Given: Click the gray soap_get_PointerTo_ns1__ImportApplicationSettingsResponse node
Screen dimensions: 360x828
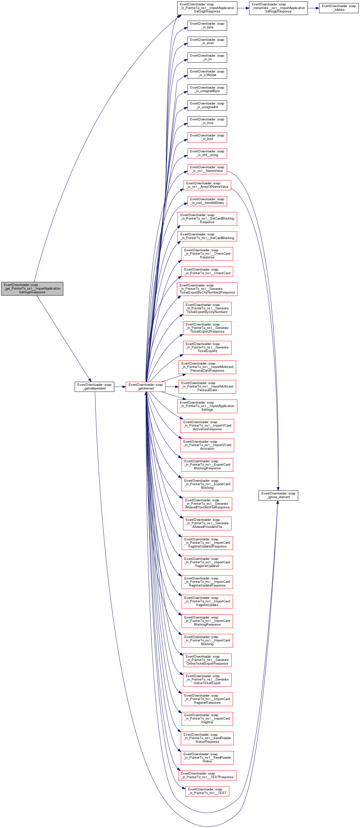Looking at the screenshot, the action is pos(32,288).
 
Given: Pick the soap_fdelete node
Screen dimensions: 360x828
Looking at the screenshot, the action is pos(339,8).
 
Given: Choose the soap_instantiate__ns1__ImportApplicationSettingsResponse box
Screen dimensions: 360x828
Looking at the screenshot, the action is pos(278,8).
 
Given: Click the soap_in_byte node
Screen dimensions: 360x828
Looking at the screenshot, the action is pos(207,25).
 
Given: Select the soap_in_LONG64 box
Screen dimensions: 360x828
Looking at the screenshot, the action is pos(207,73).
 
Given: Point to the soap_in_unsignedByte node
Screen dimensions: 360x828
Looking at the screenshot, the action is pos(207,89).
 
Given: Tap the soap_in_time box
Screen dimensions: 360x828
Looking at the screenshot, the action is pos(207,121).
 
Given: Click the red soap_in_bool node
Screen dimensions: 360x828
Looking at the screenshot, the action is pos(207,137).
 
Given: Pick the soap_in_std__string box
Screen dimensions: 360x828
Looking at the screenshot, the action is pos(207,153).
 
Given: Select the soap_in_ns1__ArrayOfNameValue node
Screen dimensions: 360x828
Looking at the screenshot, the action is pos(207,185).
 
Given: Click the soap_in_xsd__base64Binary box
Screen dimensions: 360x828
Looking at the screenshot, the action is pos(207,201).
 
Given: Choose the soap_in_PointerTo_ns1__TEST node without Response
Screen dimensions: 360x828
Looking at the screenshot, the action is pos(207,791).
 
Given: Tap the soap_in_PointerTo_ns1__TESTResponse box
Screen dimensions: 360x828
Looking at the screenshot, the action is pos(207,775).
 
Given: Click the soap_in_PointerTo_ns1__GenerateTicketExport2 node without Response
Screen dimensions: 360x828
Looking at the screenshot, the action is pos(207,347).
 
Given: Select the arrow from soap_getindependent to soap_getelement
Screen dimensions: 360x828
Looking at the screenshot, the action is pos(120,387).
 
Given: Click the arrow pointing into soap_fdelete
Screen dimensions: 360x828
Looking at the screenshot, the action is pos(313,8).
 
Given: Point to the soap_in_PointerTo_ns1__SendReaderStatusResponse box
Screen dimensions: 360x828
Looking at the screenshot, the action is pos(207,738).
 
